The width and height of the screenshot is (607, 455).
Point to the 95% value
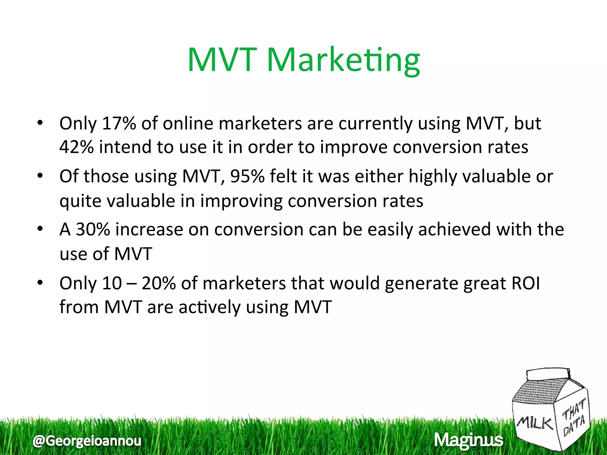(x=247, y=177)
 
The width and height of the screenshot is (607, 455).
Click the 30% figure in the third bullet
(x=93, y=230)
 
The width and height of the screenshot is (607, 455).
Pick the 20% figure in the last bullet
(x=159, y=283)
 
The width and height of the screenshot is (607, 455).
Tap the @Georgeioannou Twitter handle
(x=87, y=441)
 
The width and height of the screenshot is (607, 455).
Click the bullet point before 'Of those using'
(x=40, y=176)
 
